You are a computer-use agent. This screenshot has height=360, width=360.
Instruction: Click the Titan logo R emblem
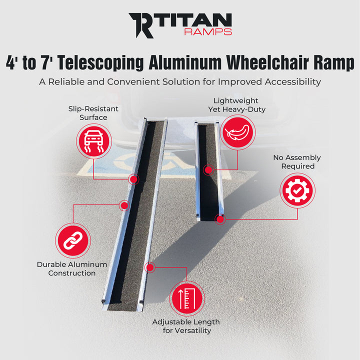click(141, 25)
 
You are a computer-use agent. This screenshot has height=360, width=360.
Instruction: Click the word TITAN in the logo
click(194, 21)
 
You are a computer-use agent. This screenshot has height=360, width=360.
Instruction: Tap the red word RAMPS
click(208, 32)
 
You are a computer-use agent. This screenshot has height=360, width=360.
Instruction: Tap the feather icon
click(237, 132)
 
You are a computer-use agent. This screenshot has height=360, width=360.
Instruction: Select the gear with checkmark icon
click(297, 190)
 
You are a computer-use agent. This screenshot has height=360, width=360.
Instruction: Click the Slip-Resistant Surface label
click(93, 113)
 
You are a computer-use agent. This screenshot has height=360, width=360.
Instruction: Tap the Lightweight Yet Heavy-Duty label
click(237, 105)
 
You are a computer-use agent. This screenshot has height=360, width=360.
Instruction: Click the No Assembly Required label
click(297, 161)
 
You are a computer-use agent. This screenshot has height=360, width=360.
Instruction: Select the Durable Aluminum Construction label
click(72, 268)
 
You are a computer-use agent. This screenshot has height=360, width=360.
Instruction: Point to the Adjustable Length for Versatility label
click(186, 326)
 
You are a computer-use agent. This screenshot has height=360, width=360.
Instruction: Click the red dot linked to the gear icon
click(219, 218)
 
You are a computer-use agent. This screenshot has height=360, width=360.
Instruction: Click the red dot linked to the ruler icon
click(148, 267)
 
